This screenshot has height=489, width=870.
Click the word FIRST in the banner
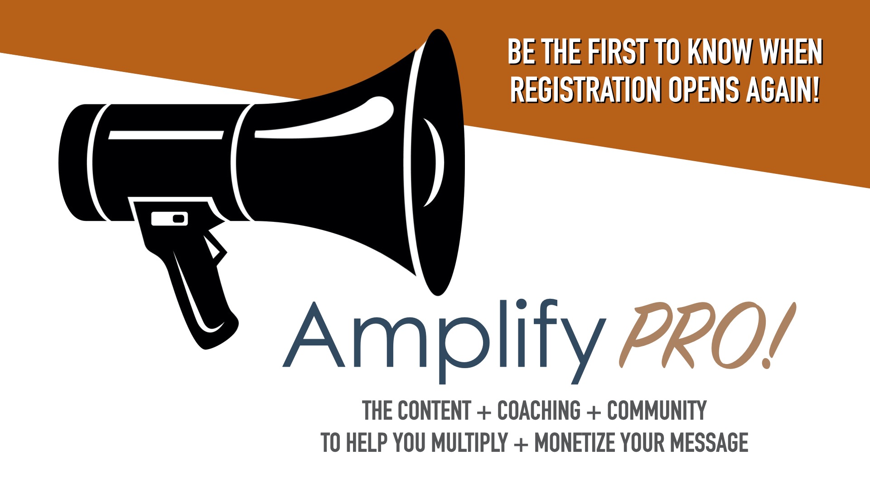tap(618, 52)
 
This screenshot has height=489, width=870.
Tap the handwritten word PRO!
tap(707, 335)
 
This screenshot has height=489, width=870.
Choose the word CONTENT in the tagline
tap(434, 410)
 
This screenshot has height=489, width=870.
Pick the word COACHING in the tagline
tap(539, 410)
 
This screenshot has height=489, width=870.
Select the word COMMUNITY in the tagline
tap(657, 410)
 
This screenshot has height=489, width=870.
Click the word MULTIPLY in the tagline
tap(469, 442)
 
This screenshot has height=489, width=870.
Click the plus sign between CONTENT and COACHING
tap(484, 412)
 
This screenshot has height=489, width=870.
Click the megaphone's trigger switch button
tap(169, 219)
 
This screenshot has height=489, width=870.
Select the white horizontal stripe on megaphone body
tap(166, 135)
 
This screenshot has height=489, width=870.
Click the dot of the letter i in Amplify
tap(521, 304)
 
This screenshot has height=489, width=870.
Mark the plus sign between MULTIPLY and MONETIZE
tap(522, 444)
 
